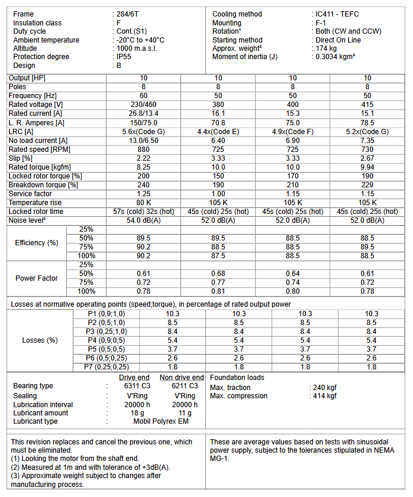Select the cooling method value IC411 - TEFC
click(337, 14)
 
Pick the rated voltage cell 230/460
click(143, 104)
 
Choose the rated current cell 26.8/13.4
click(143, 113)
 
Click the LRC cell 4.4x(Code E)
click(218, 131)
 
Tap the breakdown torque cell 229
click(367, 185)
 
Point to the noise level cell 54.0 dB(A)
click(143, 220)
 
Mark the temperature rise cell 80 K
click(143, 203)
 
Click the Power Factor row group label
click(37, 278)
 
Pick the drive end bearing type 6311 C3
click(134, 386)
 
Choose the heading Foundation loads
click(237, 378)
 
